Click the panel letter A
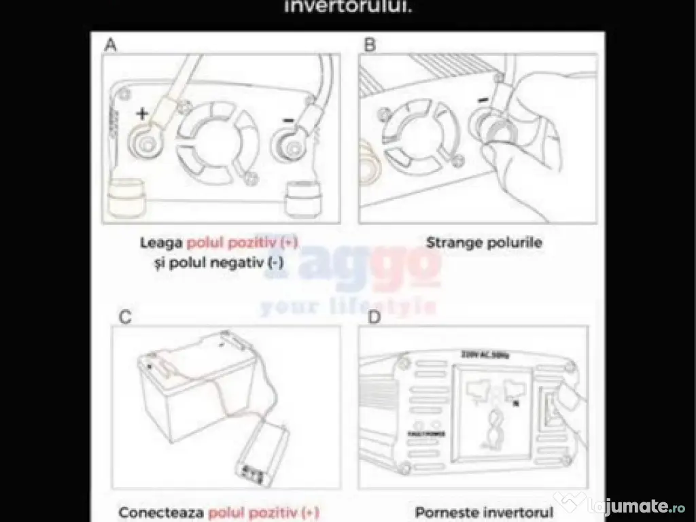click(x=111, y=46)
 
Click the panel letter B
click(x=370, y=46)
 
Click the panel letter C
click(x=124, y=317)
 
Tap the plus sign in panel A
click(x=142, y=114)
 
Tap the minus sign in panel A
click(x=288, y=120)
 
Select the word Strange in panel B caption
click(x=450, y=242)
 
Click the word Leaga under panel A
click(x=161, y=242)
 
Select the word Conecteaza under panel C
click(x=161, y=512)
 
